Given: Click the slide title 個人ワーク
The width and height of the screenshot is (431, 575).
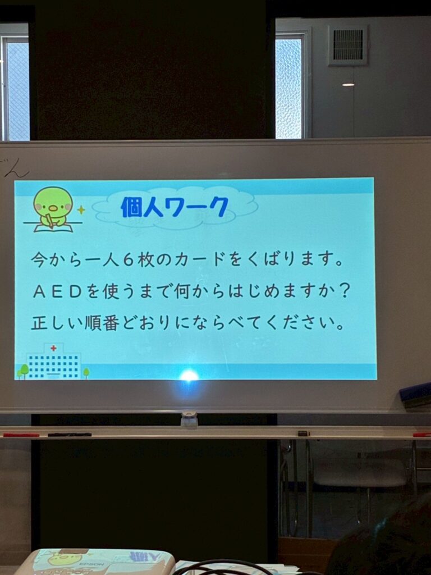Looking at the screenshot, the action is pos(175,207).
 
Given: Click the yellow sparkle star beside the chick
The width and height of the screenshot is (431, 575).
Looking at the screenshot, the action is pos(81,210).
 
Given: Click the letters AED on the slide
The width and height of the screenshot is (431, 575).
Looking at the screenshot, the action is pos(58,292).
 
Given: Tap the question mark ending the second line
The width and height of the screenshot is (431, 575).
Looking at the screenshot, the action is pos(344,291).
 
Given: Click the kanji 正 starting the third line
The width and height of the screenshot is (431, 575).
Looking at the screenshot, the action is pos(39,323).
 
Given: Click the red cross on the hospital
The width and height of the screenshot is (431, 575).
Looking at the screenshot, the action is pos(53,348).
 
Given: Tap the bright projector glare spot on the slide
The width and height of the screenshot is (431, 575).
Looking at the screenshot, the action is pos(189,375).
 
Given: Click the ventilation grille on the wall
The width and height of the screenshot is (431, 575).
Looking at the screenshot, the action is pos(348,45).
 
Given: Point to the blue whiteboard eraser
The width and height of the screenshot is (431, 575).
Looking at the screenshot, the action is pos(416,395).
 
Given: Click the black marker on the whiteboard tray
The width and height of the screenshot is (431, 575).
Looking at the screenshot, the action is pos(70,435).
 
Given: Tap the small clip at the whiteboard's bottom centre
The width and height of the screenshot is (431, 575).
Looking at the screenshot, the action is pos(189,419).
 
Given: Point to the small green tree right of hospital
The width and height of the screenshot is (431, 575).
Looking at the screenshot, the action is pos(86,373).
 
